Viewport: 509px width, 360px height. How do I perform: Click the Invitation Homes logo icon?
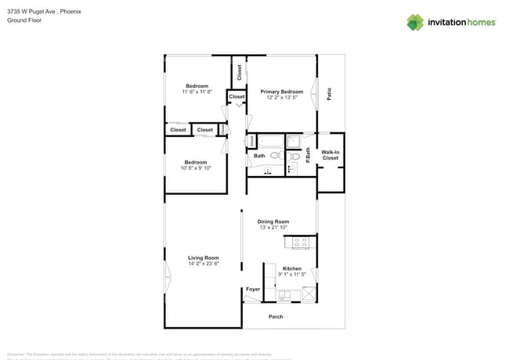tap(414, 22)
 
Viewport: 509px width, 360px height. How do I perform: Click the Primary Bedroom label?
tap(281, 92)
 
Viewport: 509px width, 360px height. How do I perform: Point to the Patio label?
tap(329, 93)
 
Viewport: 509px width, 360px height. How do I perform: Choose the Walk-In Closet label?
tap(330, 155)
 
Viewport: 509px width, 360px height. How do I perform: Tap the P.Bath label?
tap(308, 154)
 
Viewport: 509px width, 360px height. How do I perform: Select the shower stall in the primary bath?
tap(293, 142)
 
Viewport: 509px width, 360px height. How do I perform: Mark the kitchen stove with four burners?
tap(300, 243)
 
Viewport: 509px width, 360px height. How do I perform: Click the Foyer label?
tap(253, 290)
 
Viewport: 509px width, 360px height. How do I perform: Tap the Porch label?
tap(276, 316)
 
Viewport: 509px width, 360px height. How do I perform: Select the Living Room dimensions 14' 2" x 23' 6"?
tap(203, 264)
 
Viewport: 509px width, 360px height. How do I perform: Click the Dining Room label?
tap(273, 221)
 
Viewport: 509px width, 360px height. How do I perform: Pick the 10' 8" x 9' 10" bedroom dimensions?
tap(196, 168)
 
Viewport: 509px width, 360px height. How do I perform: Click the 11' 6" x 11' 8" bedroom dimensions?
tap(197, 92)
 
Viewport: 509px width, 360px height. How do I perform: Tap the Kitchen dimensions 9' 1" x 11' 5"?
tap(291, 274)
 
